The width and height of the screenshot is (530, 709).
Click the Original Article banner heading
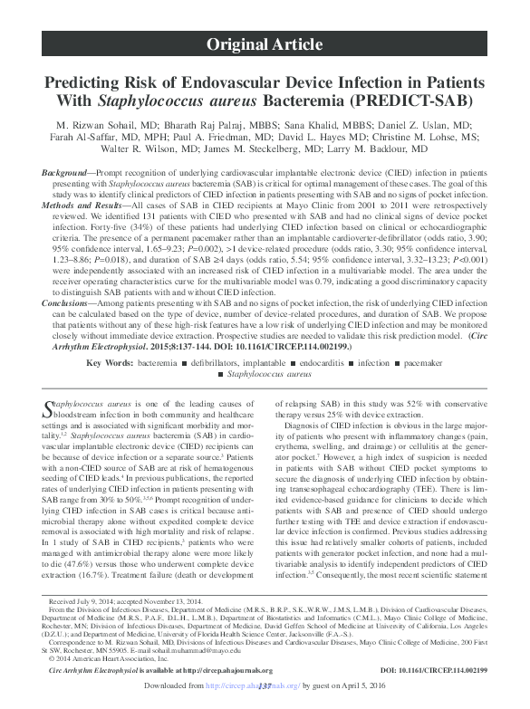(x=265, y=44)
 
